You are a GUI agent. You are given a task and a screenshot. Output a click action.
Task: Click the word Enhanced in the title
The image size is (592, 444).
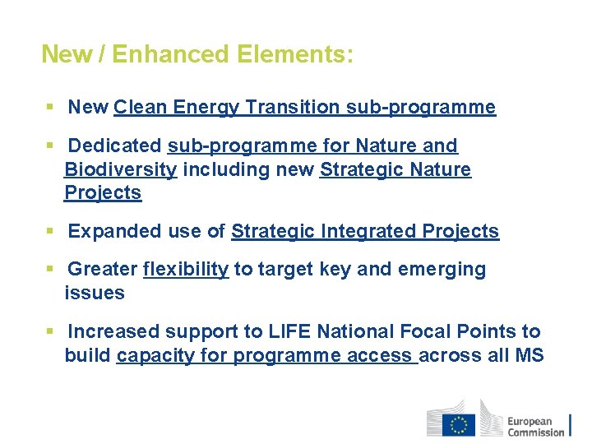(169, 54)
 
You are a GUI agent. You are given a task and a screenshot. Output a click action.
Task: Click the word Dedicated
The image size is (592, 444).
(114, 146)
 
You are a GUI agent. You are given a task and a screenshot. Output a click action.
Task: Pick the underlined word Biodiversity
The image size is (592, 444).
(120, 169)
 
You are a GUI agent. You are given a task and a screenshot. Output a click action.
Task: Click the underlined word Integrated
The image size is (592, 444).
(368, 231)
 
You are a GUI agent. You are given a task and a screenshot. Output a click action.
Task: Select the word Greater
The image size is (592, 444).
(103, 269)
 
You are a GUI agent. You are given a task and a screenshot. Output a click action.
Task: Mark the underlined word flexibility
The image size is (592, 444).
(186, 269)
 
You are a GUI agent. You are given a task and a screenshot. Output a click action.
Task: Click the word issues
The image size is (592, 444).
(95, 293)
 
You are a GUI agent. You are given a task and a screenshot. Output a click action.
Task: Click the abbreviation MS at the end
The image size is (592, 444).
(529, 355)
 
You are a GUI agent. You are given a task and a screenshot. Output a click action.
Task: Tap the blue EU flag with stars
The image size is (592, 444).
(458, 424)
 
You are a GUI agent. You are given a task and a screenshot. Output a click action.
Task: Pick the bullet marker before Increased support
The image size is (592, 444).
(50, 331)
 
